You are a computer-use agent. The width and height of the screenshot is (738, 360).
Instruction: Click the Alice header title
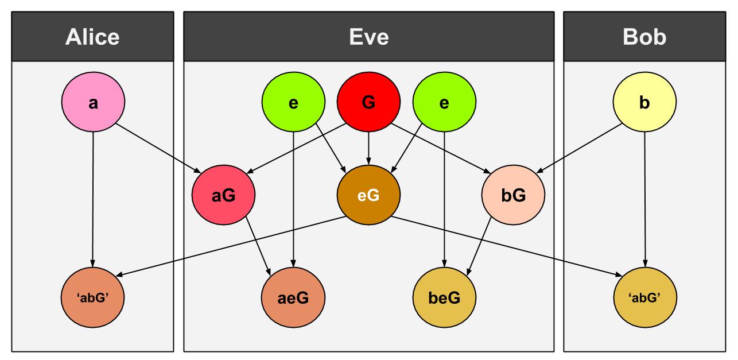(92, 37)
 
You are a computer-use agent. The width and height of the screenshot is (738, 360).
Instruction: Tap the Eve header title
(368, 37)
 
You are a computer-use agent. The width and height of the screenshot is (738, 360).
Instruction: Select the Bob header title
(644, 37)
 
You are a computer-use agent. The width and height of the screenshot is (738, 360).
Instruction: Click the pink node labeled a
(93, 104)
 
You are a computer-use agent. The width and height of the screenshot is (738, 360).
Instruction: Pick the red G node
(368, 104)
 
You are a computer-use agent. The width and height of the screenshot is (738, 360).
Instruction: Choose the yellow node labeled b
(644, 104)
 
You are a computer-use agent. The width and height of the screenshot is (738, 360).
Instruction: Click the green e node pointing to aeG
(293, 104)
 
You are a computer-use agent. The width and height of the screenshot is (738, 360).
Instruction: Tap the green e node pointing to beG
(444, 104)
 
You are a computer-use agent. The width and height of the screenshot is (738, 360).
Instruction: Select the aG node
(224, 196)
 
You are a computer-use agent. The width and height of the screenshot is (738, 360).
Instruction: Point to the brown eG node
(368, 196)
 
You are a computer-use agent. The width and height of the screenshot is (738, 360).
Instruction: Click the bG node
(513, 196)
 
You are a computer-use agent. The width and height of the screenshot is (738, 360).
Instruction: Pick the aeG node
(293, 297)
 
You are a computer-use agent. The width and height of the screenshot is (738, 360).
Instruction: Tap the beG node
(444, 297)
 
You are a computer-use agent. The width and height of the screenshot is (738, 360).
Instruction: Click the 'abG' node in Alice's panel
(93, 297)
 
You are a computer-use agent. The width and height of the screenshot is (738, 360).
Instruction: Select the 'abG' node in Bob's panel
(644, 297)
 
